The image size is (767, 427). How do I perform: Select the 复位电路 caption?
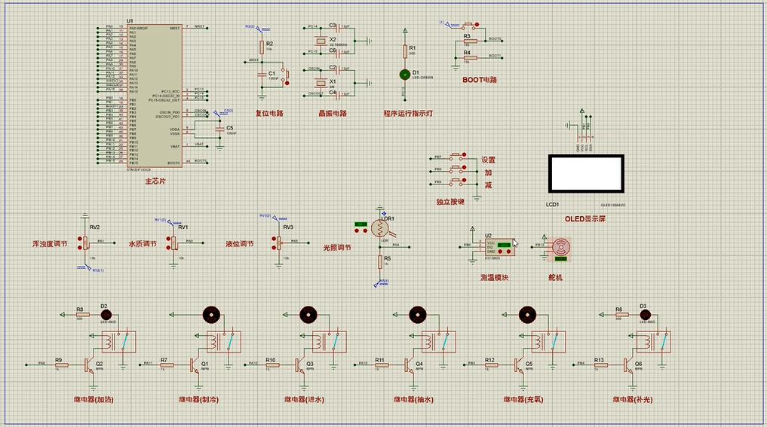point(269,114)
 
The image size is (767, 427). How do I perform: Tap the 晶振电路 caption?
point(333,114)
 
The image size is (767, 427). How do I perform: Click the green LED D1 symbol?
point(406,75)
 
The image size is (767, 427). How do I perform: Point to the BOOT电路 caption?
point(480,79)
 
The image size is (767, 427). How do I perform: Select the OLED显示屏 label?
point(585,219)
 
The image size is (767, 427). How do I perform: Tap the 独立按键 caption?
point(450,202)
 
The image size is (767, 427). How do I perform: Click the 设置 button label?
point(489,160)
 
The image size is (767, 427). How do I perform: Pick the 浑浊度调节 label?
point(50,245)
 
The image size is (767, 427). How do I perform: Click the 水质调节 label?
point(143,245)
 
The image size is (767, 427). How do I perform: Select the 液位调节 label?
point(240,245)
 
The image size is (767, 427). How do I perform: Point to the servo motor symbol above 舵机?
point(560,246)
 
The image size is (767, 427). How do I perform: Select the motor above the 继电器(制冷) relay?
point(211,313)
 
